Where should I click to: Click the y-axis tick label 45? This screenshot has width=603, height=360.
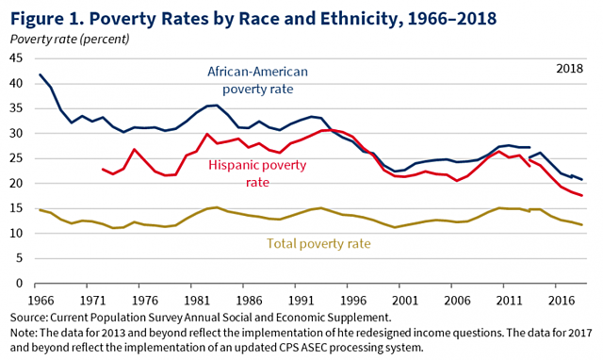click(x=15, y=58)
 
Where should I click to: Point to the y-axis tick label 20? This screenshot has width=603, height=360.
click(x=15, y=183)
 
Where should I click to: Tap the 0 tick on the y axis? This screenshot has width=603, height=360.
click(x=19, y=282)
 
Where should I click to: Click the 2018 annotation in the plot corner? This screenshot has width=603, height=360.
click(x=568, y=68)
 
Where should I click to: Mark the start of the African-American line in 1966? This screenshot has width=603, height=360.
click(x=40, y=74)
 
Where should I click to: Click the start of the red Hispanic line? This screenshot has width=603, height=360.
click(x=103, y=170)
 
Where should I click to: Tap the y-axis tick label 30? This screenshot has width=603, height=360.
click(x=15, y=133)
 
